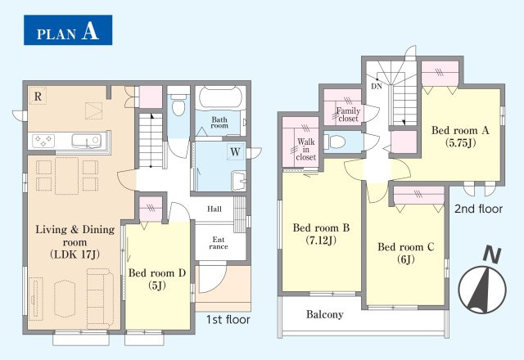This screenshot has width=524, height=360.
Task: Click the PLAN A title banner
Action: pos(68,30)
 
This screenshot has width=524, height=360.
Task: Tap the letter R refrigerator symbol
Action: pos(38,97)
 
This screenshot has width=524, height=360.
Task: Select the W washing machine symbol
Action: pos(235,152)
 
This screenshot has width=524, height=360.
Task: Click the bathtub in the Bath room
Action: pos(220,97)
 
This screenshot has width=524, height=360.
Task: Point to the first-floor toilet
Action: pos(178,105)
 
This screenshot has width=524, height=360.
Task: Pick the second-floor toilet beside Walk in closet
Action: pos(335,142)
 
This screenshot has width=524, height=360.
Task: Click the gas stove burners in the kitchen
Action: pos(43,141)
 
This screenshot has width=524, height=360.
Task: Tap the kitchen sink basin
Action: pos(86,141)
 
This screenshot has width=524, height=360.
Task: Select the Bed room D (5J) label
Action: pos(157,279)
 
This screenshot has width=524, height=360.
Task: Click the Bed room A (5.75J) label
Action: pos(460,137)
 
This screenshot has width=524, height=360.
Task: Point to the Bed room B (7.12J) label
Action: pos(321,234)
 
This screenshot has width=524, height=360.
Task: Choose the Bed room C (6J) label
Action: pos(406,253)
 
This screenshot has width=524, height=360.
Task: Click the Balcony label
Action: pos(325,314)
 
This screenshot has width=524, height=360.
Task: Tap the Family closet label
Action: pos(348,115)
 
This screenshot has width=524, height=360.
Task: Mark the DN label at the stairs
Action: pos(377,86)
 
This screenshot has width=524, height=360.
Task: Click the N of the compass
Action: pos(492,254)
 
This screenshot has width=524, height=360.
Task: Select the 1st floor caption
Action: pos(228,320)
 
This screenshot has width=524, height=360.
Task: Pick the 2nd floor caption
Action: pos(478,209)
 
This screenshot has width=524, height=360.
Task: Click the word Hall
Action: pos(215,209)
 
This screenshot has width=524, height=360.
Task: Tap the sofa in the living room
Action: pos(100,298)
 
